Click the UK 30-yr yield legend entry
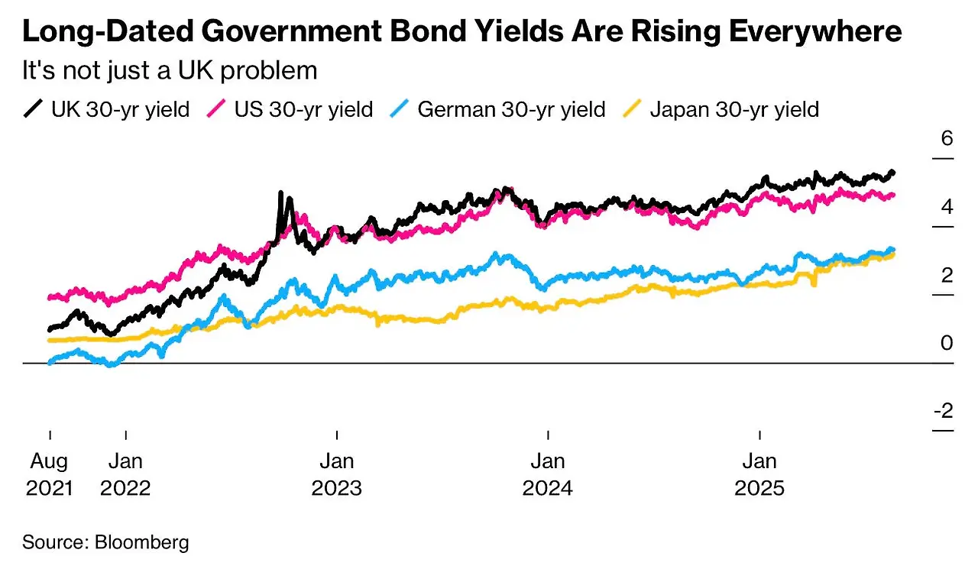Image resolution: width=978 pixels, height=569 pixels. pos(106,109)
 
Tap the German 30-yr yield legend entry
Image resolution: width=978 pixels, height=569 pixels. pos(500,109)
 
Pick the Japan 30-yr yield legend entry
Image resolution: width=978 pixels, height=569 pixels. pos(722,109)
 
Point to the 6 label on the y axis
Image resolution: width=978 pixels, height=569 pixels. pos(947,139)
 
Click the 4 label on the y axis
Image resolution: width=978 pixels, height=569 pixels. pos(947,207)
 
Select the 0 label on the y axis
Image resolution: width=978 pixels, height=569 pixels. pos(947,343)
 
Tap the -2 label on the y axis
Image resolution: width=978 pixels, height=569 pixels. pos(944,411)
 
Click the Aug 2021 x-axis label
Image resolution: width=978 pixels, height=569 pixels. pos(50,474)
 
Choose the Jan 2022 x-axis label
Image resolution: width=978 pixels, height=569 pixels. pos(125,474)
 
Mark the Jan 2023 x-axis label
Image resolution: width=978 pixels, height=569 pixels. pos(336,474)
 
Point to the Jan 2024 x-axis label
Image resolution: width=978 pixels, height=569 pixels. pos(547,474)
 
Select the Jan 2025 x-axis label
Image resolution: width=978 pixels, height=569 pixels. pos(759,474)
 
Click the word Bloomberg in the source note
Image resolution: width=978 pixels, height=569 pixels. pos(141,543)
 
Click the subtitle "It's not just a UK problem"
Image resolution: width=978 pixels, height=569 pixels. pos(169,70)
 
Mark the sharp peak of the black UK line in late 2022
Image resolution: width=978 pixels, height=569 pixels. pos(281,193)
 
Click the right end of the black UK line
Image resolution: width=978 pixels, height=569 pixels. pos(892,173)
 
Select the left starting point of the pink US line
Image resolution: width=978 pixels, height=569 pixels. pos(50,297)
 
